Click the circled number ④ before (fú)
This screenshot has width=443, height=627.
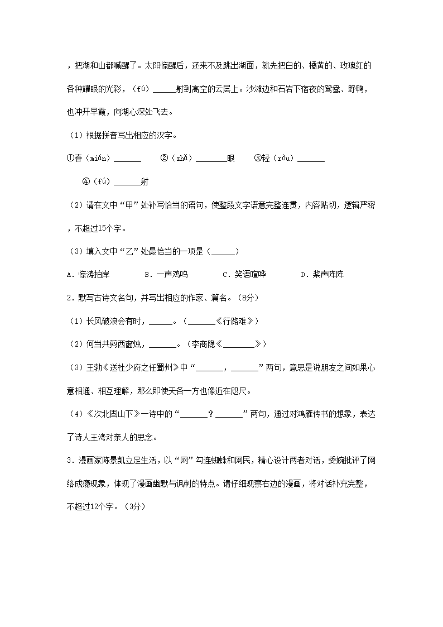click(x=86, y=182)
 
